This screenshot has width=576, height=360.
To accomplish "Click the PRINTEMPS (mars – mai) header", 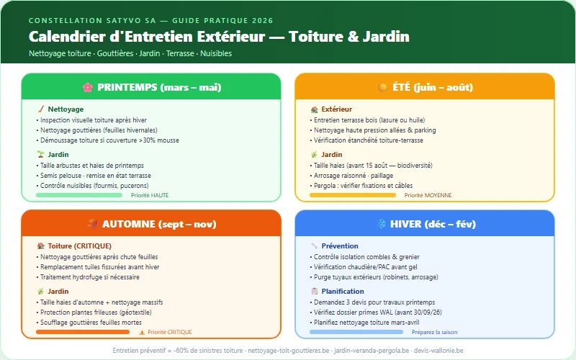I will (151, 87).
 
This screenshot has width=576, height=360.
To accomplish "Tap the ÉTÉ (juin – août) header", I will (425, 87).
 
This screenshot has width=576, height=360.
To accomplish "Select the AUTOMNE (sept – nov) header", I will (151, 224).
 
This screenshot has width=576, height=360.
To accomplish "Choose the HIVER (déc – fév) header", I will (425, 224).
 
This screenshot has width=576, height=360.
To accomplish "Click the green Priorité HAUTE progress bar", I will (79, 195).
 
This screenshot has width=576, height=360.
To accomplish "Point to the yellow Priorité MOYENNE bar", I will (353, 195).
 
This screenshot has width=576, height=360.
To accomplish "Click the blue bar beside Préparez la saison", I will (357, 332).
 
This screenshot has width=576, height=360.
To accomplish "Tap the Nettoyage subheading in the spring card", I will (66, 109).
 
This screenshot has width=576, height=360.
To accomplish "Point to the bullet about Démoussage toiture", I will (109, 140).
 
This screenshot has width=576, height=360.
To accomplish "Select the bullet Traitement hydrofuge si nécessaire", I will (89, 277).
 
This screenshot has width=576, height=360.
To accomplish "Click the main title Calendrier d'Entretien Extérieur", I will (219, 37).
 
